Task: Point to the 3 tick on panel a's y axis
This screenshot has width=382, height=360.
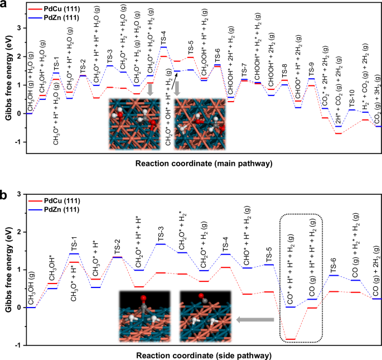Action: click(21, 27)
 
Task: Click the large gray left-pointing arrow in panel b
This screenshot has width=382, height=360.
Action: click(255, 320)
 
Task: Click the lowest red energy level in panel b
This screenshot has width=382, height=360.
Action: click(290, 339)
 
